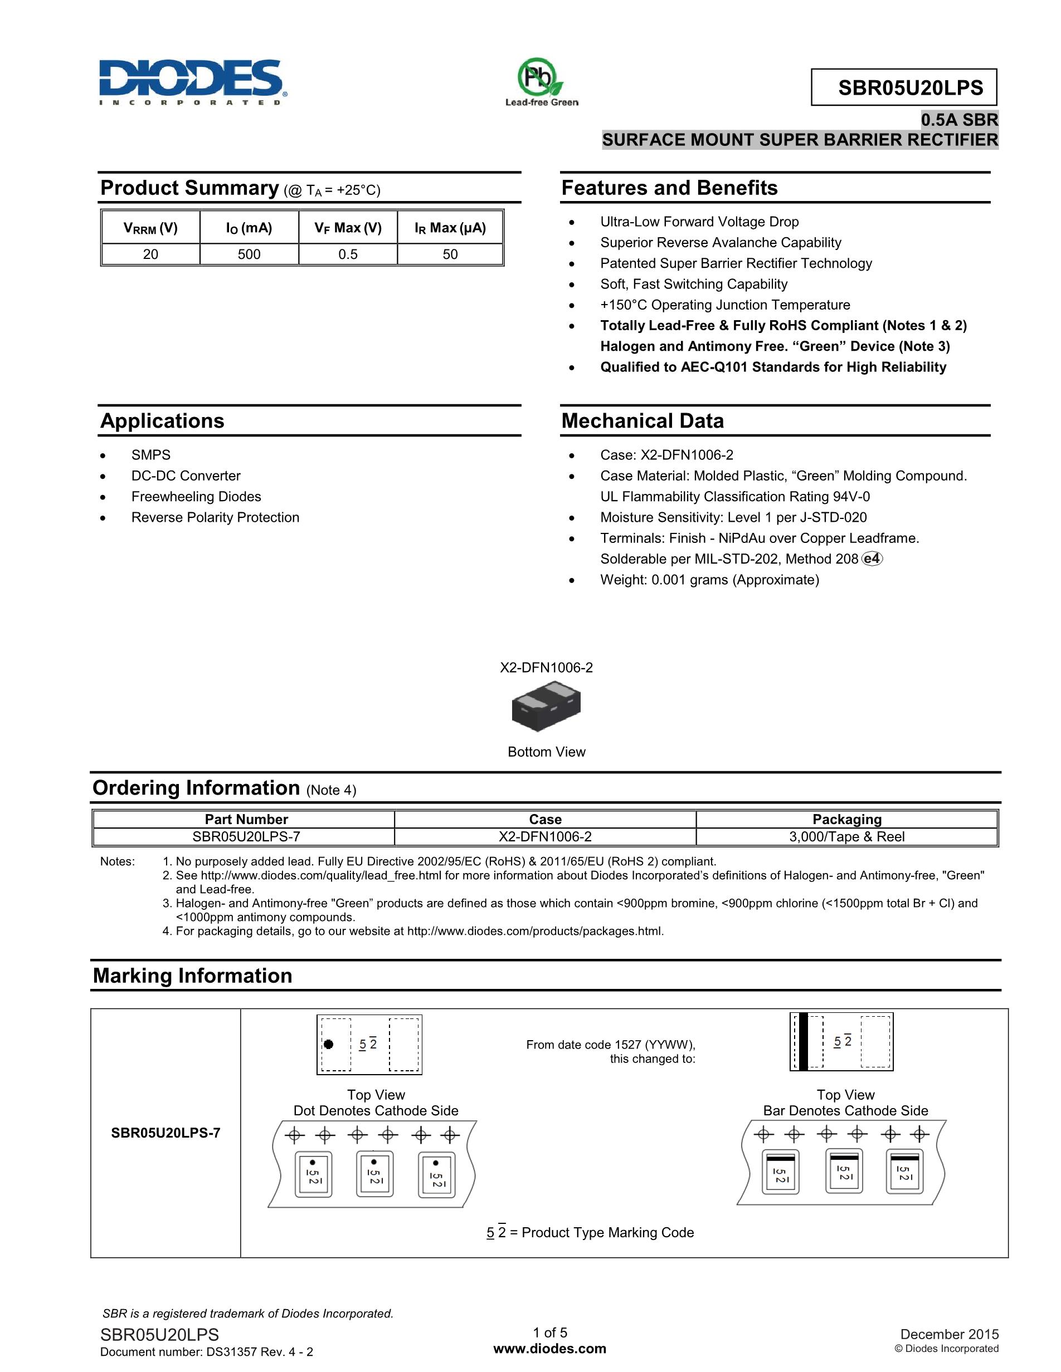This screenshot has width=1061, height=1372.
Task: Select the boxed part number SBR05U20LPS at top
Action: click(903, 87)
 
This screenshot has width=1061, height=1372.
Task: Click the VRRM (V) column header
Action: click(150, 228)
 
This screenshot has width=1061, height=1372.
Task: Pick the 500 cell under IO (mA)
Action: click(249, 254)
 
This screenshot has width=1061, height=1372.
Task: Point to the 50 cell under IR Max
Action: click(450, 254)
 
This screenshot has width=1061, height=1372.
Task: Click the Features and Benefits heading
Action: click(669, 188)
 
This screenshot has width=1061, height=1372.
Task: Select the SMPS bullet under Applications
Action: click(151, 455)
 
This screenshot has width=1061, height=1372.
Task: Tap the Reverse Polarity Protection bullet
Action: click(215, 517)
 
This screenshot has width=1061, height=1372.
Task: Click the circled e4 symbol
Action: click(872, 558)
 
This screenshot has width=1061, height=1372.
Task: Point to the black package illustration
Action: click(546, 709)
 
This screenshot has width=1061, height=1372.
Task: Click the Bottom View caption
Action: click(546, 752)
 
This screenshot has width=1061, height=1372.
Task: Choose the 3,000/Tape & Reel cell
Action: click(846, 837)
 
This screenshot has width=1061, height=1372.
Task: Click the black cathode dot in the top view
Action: click(328, 1044)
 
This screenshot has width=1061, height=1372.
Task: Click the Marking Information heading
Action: click(192, 976)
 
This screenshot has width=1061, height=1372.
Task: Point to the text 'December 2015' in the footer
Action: click(949, 1334)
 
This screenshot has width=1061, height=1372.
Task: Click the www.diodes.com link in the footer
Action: click(550, 1349)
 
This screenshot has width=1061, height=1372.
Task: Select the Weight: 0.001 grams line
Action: click(709, 579)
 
